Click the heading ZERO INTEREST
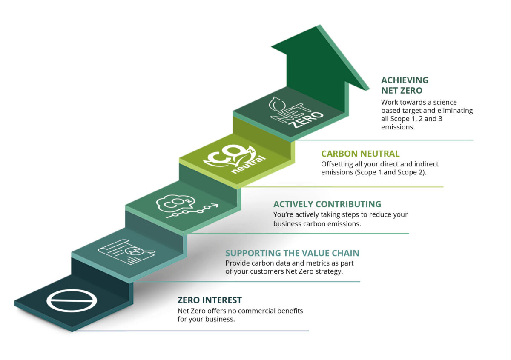click(x=210, y=300)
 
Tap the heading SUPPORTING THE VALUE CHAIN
click(x=292, y=253)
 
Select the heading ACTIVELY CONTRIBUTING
click(x=327, y=204)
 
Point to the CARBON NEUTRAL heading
click(x=360, y=154)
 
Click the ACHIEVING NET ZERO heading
click(x=405, y=85)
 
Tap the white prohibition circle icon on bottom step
click(x=72, y=300)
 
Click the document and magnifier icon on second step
click(x=126, y=252)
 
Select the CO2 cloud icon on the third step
click(x=175, y=203)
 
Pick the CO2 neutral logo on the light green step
click(x=235, y=159)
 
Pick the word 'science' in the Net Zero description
click(x=445, y=103)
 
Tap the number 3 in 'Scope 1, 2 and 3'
click(x=440, y=119)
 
